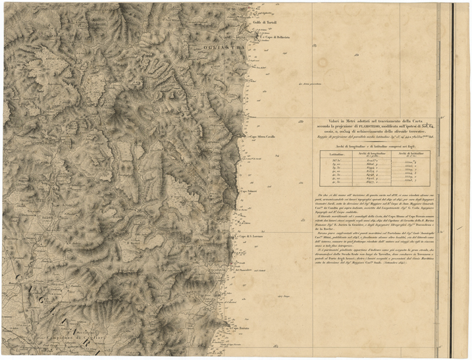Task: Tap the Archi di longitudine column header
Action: (x=371, y=153)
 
